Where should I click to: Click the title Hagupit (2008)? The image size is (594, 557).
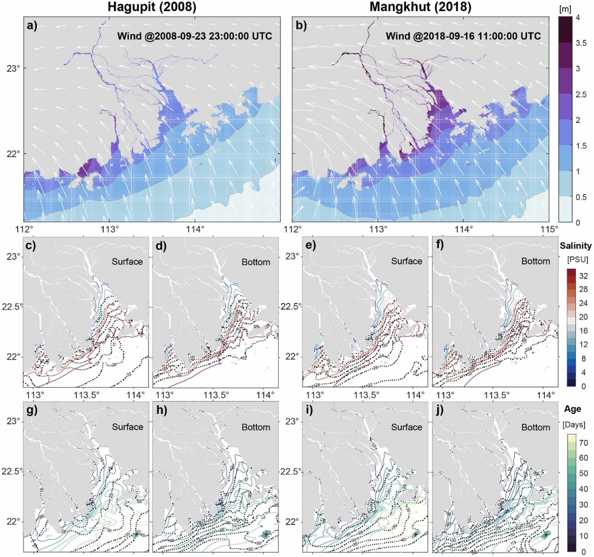152,7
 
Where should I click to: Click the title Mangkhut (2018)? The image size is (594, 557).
420,7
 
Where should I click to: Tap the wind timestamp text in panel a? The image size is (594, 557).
195,36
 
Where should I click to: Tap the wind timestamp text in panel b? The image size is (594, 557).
463,36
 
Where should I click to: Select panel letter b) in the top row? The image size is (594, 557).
301,26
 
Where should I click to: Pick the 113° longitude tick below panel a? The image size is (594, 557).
109,228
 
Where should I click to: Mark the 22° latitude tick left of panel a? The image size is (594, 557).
11,153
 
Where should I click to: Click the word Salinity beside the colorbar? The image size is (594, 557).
575,246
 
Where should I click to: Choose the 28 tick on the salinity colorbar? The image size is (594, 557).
583,289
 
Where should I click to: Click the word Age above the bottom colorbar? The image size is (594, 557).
572,409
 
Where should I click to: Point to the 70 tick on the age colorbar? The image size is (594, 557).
583,443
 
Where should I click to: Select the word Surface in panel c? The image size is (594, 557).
127,262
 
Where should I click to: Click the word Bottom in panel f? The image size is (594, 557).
535,261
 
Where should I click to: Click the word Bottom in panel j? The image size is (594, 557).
535,427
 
